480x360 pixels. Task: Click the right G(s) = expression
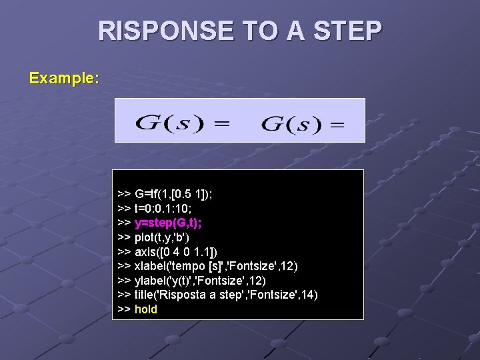(303, 123)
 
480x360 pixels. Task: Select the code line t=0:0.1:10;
(167, 208)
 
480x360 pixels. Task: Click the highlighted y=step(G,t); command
(169, 223)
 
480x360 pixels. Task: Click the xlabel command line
(208, 266)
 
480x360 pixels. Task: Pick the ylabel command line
(199, 280)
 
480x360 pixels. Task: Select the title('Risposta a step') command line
(217, 295)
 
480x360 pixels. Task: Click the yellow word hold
(146, 309)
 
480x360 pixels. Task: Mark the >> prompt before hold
(124, 309)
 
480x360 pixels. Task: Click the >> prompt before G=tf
(124, 194)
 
